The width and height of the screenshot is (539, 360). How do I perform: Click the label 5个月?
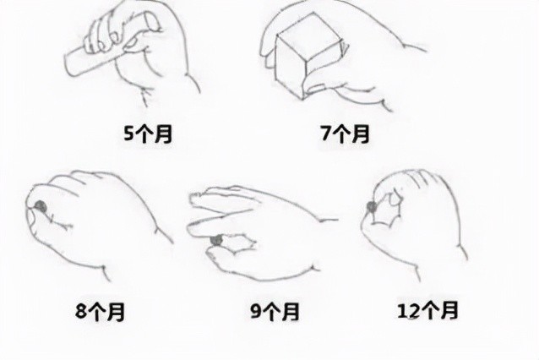click(148, 134)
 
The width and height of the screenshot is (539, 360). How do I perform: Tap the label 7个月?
click(344, 134)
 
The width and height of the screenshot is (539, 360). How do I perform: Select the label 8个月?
click(100, 312)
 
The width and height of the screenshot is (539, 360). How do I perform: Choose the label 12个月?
click(427, 310)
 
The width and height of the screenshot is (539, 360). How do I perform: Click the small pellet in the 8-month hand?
click(40, 205)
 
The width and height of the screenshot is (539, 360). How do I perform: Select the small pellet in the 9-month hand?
click(216, 241)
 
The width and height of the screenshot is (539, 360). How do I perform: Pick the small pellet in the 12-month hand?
click(372, 206)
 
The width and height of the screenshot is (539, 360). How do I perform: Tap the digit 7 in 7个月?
click(326, 134)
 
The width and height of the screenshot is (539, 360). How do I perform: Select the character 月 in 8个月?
click(117, 312)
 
